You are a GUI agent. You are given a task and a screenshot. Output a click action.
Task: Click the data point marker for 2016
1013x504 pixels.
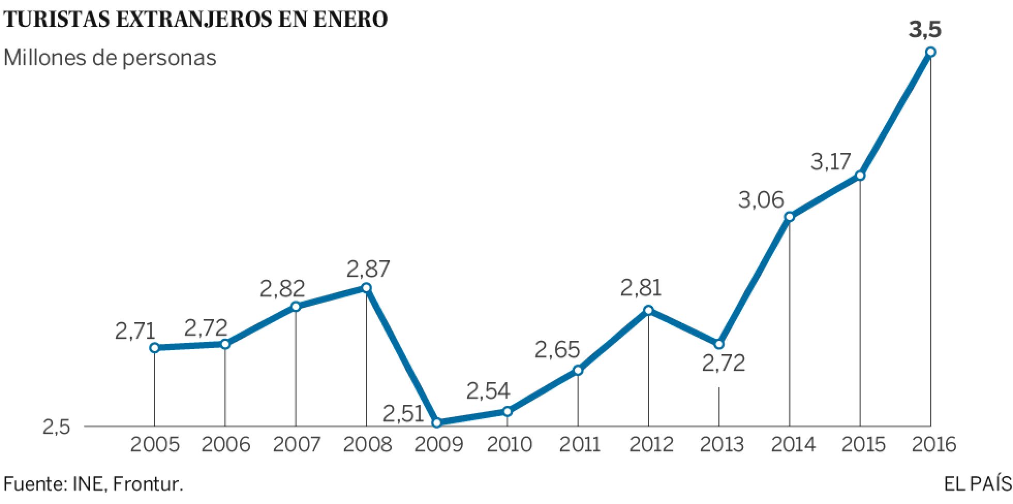(x=931, y=52)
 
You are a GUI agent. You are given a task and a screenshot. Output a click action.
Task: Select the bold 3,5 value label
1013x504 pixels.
(x=925, y=30)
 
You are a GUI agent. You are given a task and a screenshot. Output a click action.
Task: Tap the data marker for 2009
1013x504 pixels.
(x=437, y=423)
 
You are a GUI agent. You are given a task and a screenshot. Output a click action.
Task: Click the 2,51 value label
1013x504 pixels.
(x=404, y=414)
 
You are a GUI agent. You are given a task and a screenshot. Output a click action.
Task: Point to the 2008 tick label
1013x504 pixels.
(x=366, y=445)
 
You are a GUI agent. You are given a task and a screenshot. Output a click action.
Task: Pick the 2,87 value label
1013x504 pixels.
(x=368, y=269)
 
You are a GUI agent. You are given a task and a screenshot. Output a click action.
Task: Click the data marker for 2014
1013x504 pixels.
(x=789, y=216)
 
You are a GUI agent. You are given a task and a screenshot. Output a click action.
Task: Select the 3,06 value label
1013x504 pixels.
(x=761, y=199)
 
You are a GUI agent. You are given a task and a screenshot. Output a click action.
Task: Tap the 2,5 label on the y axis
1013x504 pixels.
(x=56, y=428)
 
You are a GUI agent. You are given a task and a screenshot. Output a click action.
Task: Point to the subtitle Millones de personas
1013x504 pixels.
(x=110, y=58)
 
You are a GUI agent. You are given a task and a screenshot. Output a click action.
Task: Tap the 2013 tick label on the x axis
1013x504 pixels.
(x=718, y=445)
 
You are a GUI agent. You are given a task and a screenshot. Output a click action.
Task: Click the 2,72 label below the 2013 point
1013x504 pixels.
(x=724, y=364)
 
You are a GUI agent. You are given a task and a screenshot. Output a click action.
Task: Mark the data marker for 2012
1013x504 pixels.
(x=648, y=310)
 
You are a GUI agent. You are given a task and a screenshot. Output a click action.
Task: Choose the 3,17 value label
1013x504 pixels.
(x=831, y=163)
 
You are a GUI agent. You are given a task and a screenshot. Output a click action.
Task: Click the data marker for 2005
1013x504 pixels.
(x=154, y=348)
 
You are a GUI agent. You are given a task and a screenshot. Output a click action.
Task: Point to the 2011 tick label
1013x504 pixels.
(x=577, y=445)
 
